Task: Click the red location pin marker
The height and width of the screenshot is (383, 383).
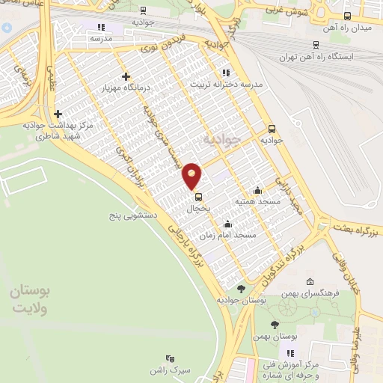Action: (x=193, y=176)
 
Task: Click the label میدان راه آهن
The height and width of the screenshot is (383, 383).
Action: (x=346, y=27)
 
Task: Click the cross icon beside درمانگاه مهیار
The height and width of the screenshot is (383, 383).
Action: (x=125, y=76)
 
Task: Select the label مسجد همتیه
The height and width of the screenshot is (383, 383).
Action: (x=257, y=201)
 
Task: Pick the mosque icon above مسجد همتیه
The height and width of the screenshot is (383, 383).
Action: (x=257, y=190)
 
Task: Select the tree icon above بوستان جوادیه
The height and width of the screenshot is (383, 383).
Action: (x=240, y=288)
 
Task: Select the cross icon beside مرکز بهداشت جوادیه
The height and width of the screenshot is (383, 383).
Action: (x=58, y=114)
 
